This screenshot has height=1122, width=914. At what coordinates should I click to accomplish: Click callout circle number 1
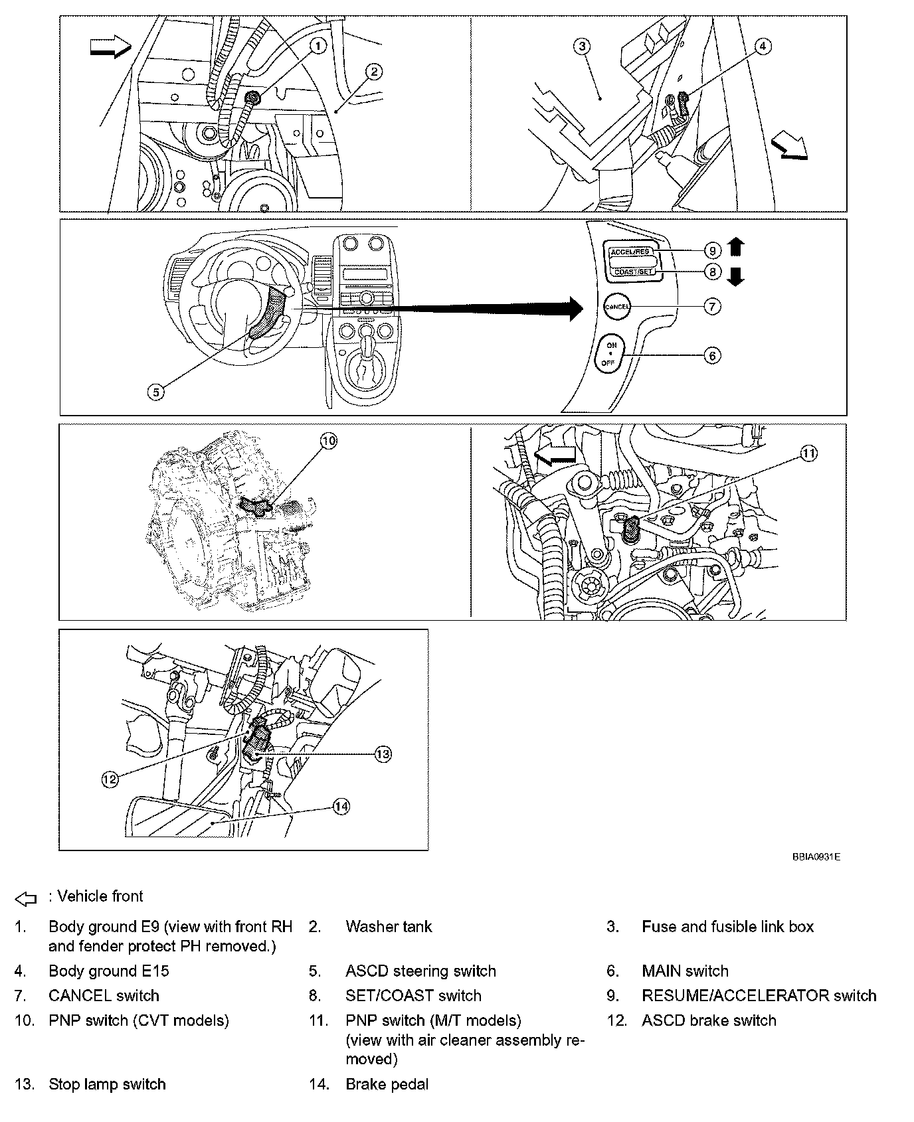[x=318, y=45]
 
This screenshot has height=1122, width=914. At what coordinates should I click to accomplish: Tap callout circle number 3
[x=582, y=45]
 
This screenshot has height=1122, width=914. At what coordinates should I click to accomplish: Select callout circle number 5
[x=155, y=392]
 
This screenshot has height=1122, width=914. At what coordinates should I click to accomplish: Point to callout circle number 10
[x=329, y=440]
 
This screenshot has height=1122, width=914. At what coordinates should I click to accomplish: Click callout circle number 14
[x=341, y=807]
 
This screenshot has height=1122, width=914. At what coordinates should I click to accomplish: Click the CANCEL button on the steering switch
[x=616, y=307]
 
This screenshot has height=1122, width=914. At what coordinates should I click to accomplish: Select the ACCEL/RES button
[x=629, y=252]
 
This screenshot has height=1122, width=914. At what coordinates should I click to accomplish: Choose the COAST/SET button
[x=632, y=271]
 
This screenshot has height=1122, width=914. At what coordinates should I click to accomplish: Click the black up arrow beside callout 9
[x=735, y=248]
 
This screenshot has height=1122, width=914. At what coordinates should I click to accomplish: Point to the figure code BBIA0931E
[x=816, y=857]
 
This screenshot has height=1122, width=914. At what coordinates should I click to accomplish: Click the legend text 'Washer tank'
[x=389, y=926]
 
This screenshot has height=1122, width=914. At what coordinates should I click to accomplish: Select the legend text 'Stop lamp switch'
[x=107, y=1084]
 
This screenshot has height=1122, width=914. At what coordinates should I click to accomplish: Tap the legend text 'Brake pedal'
[x=387, y=1084]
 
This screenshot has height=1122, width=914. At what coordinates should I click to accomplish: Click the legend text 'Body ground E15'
[x=108, y=971]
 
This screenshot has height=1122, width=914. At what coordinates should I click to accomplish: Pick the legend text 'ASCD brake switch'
[x=709, y=1020]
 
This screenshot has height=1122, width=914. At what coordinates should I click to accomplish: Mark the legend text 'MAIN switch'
[x=685, y=971]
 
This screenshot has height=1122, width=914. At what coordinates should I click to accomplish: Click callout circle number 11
[x=808, y=453]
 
